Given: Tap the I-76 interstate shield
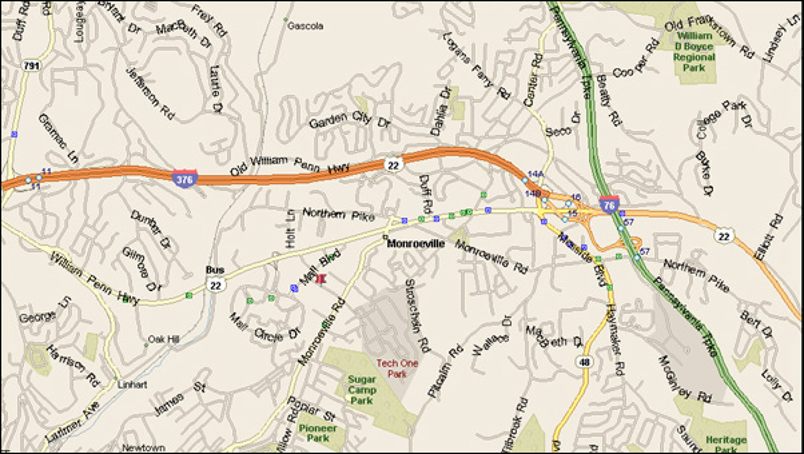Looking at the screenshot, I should click(x=609, y=205).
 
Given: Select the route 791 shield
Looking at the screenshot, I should click(x=32, y=66).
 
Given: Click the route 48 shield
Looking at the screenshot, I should click(x=584, y=362).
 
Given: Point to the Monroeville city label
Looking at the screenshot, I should click(x=416, y=243).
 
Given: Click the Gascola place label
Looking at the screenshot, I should click(x=305, y=26).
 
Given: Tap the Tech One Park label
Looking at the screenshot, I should click(x=397, y=368).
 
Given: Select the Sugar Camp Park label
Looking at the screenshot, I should click(x=362, y=390).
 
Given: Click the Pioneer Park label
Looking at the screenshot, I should click(x=318, y=433).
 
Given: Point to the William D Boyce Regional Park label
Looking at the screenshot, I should click(x=694, y=52).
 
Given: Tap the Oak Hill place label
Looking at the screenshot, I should click(x=163, y=339).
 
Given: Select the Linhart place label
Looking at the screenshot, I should click(x=132, y=385).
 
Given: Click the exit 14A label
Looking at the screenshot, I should click(x=535, y=174).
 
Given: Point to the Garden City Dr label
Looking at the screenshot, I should click(x=349, y=120).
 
